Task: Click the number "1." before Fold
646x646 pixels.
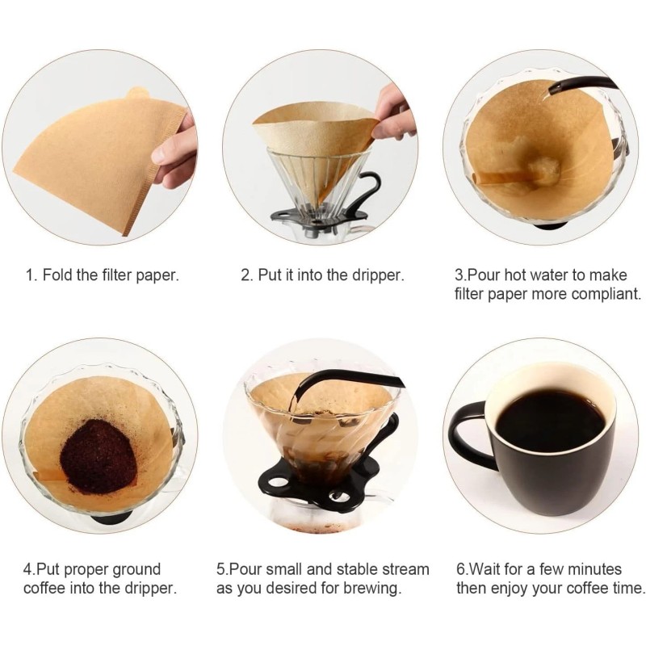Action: (31, 275)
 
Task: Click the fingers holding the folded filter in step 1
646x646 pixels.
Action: (176, 149)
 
